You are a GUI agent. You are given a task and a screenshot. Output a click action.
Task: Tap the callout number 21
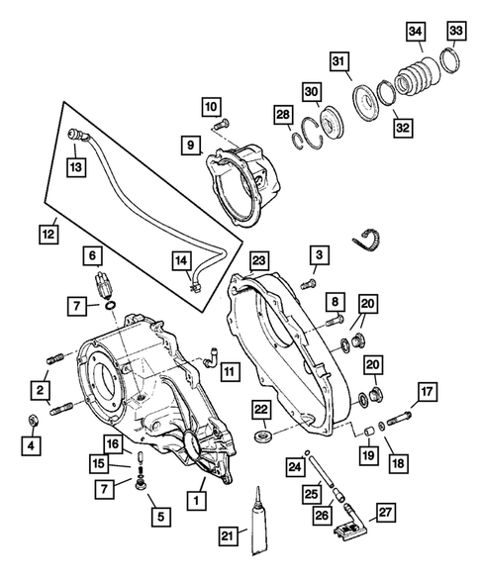[x=228, y=535]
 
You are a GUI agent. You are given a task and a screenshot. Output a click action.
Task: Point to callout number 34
[x=416, y=34]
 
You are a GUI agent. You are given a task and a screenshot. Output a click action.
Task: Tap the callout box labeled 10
[x=213, y=106]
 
